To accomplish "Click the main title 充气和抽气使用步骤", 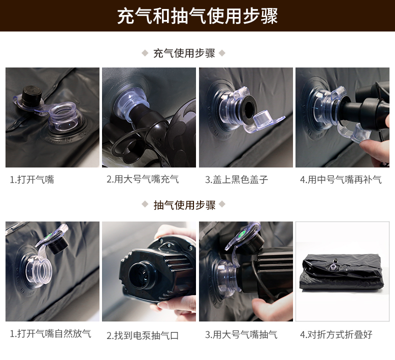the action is [x=197, y=16].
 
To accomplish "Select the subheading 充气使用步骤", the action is [x=184, y=53].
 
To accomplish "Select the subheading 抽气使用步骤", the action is [x=184, y=205].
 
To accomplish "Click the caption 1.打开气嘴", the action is [x=31, y=179].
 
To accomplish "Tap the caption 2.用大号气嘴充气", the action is [x=142, y=179].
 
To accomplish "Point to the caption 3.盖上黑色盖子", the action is [x=236, y=179].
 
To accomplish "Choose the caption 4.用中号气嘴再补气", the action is [x=341, y=179].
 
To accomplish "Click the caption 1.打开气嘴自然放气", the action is [x=50, y=334].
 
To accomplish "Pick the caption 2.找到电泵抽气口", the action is [x=142, y=335].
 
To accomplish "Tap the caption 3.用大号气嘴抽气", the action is [x=241, y=335].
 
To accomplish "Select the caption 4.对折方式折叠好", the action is [x=336, y=334].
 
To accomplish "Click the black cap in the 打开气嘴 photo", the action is [x=32, y=95].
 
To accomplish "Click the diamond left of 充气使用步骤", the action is [x=145, y=53].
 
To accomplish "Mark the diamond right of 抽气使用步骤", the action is [x=222, y=204].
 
